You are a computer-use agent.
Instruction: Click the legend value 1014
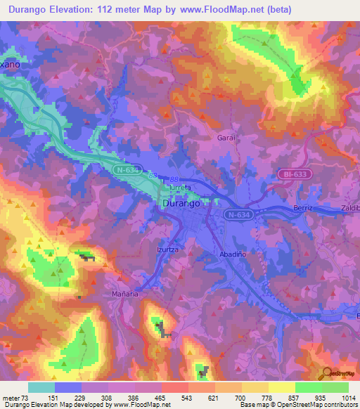pyautogui.click(x=349, y=398)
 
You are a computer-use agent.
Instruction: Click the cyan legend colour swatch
pyautogui.click(x=41, y=387)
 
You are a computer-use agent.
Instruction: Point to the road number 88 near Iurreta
pyautogui.click(x=174, y=181)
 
